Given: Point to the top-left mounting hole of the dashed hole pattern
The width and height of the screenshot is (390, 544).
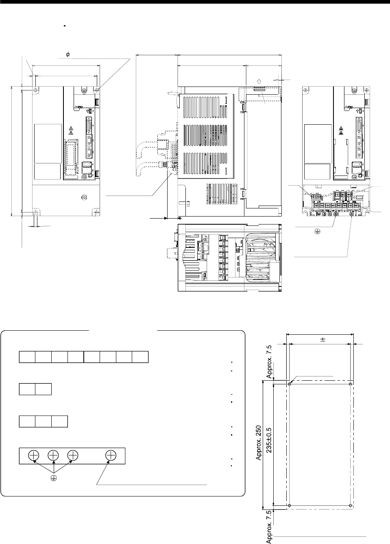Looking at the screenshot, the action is coord(289,384).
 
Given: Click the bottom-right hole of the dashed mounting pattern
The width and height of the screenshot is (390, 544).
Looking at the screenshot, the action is coord(351,505).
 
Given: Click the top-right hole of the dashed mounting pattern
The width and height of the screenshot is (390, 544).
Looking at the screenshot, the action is coord(351,384).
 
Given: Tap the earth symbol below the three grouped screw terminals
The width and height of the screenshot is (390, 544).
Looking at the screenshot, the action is coord(53,478).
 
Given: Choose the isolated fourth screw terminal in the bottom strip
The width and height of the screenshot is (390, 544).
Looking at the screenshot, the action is coord(110,455).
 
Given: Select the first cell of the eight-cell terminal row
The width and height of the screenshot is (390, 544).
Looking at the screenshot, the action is coord(27,357).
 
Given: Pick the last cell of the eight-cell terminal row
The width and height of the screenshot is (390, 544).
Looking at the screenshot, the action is coord(140,357).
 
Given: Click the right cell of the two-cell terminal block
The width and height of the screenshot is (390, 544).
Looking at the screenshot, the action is coord(43,389).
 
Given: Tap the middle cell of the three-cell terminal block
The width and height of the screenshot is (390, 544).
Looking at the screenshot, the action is coord(43,421).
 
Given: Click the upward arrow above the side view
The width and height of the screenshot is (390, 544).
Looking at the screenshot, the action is coord(257,82).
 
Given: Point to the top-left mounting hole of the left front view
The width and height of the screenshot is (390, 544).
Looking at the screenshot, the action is coord(35,89).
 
